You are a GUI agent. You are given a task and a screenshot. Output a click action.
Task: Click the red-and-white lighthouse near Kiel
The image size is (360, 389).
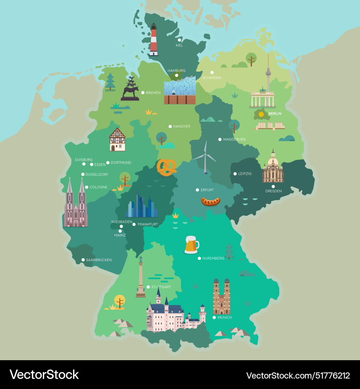tap(154, 40)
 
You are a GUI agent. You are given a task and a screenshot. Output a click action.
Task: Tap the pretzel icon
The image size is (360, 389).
tap(166, 167)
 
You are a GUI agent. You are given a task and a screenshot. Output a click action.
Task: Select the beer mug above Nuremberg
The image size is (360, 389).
tap(191, 245)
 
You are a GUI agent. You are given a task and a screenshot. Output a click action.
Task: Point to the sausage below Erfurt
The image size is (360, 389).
tap(211, 201)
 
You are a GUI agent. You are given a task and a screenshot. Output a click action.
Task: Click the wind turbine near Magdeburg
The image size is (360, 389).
tap(205, 158)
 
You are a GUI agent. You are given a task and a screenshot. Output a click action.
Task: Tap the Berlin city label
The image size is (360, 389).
tap(275, 113)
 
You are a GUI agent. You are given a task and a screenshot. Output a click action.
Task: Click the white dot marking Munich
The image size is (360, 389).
tap(214, 317)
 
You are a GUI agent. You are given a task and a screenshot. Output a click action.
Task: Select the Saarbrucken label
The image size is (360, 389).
tap(99, 260)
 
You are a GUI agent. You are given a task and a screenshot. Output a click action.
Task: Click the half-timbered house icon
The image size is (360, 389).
tap(117, 139)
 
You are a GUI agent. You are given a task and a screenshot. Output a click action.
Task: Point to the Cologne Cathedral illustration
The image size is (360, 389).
tap(76, 205)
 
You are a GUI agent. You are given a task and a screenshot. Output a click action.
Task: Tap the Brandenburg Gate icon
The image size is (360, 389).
tap(263, 98)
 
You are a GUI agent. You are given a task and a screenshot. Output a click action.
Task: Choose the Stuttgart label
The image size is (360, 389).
tap(161, 287)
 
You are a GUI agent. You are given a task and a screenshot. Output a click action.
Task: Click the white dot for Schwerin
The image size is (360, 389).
tap(212, 72)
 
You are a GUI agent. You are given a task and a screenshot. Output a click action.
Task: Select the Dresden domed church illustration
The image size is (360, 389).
tap(273, 167)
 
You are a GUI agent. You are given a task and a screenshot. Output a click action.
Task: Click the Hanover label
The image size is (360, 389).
tap(181, 126)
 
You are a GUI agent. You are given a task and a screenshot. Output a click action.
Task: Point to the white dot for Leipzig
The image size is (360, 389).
tap(235, 174)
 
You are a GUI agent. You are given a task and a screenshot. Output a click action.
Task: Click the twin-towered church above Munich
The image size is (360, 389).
tap(221, 297)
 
